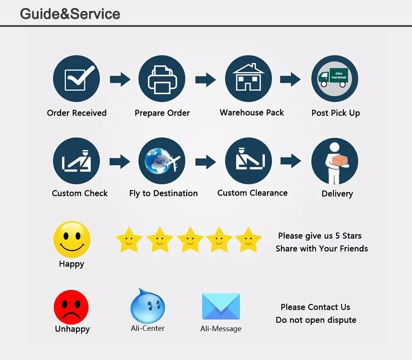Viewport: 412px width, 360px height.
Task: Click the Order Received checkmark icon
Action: click(77, 79)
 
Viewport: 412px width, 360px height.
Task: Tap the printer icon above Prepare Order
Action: click(162, 79)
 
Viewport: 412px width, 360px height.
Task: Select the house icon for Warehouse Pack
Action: click(248, 78)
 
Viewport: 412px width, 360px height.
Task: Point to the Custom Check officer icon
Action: click(77, 161)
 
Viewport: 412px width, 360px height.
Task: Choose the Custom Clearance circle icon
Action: click(248, 161)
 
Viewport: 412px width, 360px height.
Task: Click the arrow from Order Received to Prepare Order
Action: click(120, 80)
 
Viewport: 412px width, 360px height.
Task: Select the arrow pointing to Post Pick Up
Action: click(290, 80)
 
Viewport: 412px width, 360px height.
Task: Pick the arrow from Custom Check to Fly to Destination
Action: click(120, 161)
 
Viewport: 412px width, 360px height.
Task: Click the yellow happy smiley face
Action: click(72, 239)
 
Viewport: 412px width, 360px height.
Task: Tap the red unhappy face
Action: click(71, 307)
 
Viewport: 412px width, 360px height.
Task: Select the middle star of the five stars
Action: click(190, 239)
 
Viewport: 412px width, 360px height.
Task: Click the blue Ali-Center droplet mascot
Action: click(148, 305)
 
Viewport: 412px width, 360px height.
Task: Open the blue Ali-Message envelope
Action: click(221, 307)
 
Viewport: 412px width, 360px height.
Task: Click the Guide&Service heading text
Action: click(70, 13)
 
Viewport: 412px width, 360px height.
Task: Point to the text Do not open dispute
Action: click(316, 320)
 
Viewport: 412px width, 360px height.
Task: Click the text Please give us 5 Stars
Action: click(320, 236)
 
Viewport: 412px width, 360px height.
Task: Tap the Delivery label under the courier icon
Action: click(337, 194)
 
